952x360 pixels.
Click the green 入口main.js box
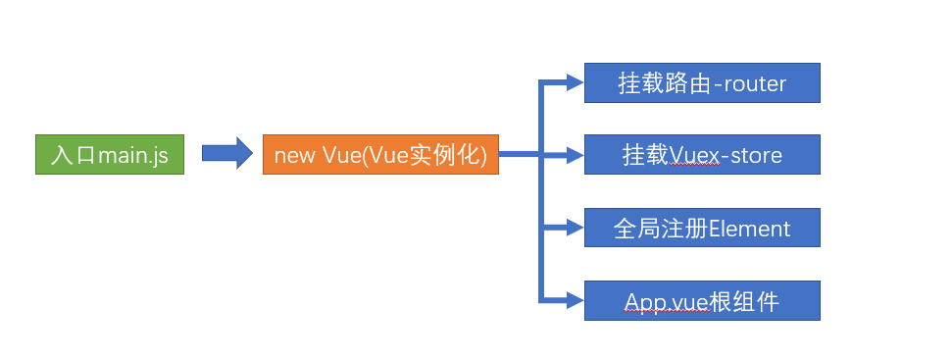point(110,155)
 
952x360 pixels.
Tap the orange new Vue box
point(380,155)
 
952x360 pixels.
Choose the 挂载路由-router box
point(701,83)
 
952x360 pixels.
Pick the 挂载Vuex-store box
point(701,155)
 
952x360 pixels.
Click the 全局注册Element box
point(701,228)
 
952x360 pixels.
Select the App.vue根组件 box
point(701,300)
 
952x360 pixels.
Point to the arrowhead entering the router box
point(576,83)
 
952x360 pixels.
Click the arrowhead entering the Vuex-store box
point(576,155)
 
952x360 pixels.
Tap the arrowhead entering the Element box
point(576,228)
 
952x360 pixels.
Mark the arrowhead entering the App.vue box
point(576,300)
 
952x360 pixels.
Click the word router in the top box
point(755,84)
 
